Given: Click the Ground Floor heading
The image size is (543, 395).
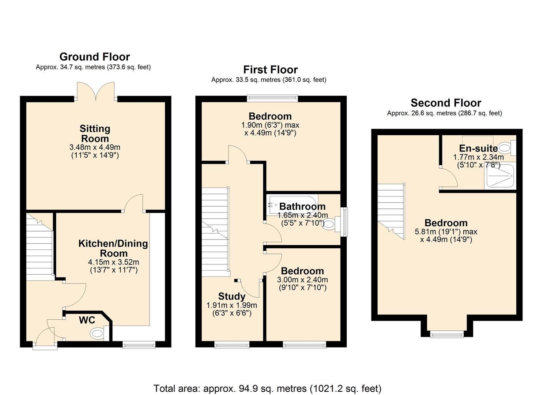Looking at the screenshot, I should tap(94, 57).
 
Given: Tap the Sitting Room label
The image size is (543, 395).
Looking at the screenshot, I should tap(95, 133).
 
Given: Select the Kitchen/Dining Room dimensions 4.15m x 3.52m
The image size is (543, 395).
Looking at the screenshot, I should tap(113, 262).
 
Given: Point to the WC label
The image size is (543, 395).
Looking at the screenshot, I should tap(87, 320).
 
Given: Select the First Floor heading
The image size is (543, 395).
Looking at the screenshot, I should tap(271, 69).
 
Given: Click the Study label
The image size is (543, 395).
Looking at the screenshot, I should tap(231, 296).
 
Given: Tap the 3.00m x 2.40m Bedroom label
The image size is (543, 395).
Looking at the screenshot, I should tap(302, 271).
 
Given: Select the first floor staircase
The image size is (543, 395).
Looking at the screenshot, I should tap(215, 232).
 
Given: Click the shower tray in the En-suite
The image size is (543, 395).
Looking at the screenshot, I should tap(500, 177).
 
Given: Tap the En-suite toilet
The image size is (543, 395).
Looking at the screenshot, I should tap(506, 148).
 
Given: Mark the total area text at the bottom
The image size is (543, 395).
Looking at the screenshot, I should tap(267, 388).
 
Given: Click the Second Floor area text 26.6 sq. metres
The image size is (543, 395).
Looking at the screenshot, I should tap(444, 113).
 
